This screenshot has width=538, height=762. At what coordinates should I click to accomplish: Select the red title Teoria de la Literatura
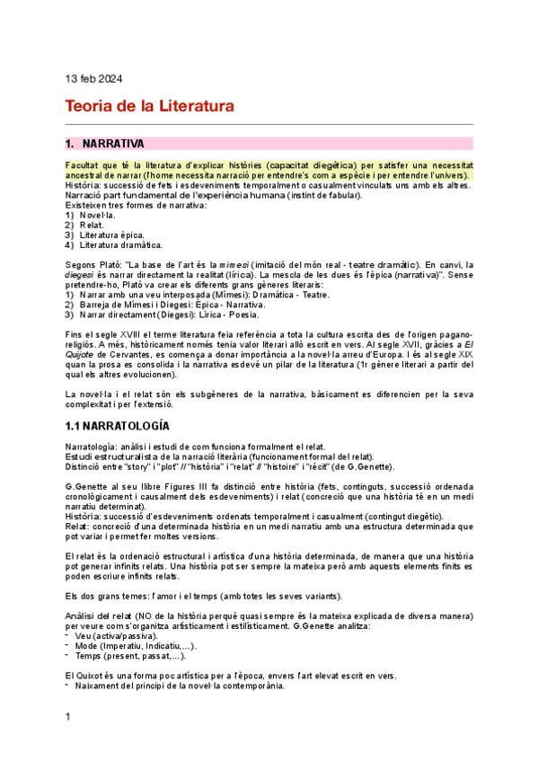[x=149, y=106]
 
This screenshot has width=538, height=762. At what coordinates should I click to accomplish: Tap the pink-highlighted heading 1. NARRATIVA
[x=112, y=144]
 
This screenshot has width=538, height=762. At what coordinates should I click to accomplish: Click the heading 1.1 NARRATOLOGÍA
[x=118, y=424]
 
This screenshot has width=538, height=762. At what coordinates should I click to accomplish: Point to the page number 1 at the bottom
[x=68, y=741]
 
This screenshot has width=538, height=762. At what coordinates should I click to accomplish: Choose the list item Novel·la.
[x=97, y=216]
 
